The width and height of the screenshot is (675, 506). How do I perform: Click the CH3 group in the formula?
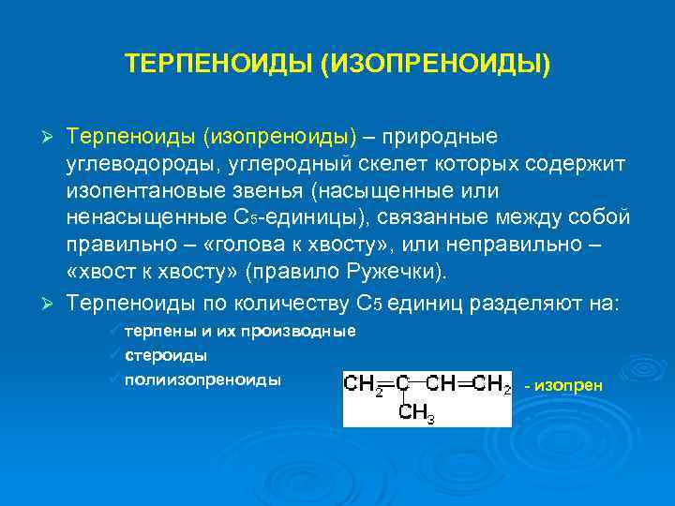[417, 412]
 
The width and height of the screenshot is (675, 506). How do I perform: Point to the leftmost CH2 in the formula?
[363, 384]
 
